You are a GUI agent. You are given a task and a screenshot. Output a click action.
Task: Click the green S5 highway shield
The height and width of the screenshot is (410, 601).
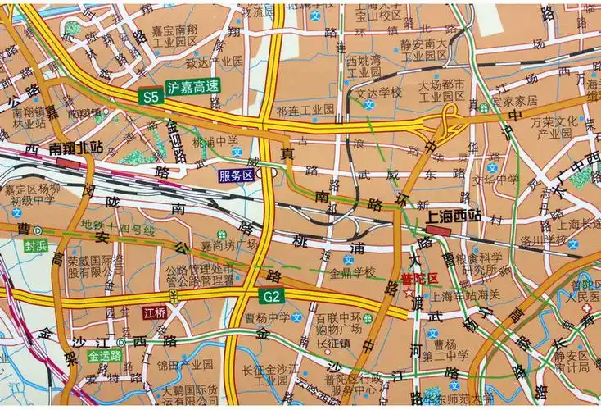(x=150, y=96)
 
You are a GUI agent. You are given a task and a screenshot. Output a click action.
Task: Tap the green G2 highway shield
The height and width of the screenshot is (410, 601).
(x=272, y=295)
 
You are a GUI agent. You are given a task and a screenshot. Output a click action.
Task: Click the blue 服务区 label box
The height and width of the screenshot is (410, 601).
(x=236, y=175)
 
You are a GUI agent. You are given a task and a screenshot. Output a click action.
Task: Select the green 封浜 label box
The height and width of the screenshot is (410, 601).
(x=36, y=244)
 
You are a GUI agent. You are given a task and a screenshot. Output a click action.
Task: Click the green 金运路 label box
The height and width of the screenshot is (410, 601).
(x=104, y=356)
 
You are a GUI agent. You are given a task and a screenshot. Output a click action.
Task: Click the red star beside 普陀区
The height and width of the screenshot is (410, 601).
(x=408, y=291)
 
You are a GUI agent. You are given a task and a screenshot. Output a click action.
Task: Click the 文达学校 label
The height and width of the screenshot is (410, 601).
(x=378, y=93)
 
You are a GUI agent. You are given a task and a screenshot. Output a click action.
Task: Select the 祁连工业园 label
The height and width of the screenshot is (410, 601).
(x=305, y=109)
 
